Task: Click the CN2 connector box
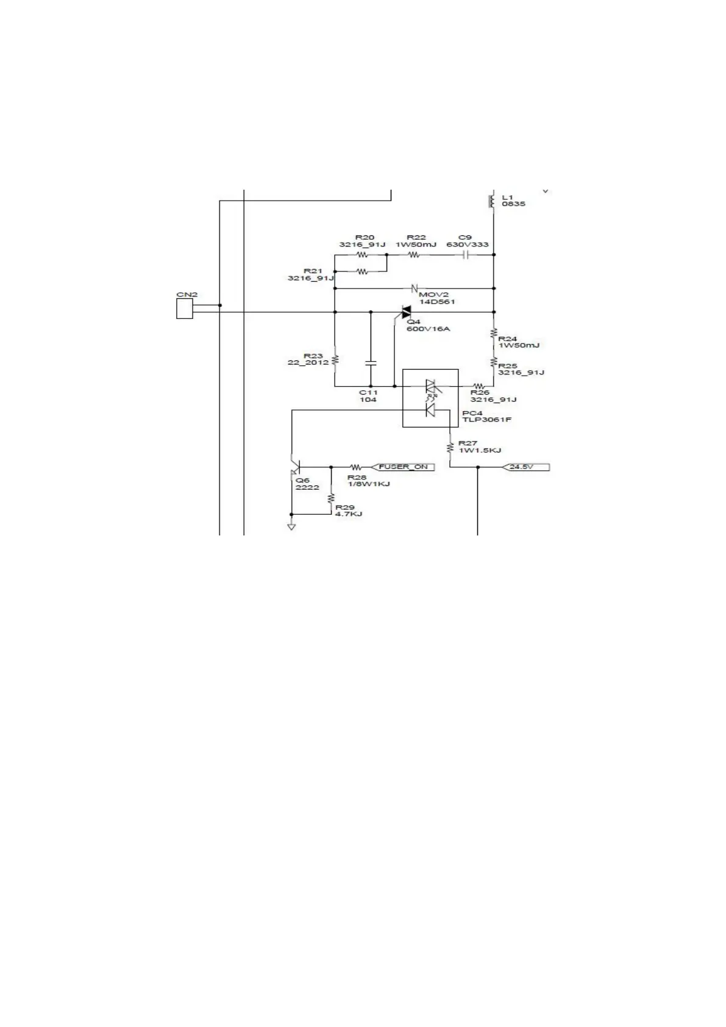point(184,309)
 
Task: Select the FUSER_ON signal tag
point(404,467)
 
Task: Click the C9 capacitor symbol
point(465,254)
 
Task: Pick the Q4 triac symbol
point(405,312)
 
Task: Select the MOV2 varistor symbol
point(415,288)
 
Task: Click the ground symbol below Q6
point(291,526)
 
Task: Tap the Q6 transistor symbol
point(295,468)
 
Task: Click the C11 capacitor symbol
point(370,363)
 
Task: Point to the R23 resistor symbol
point(335,359)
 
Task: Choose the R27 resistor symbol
point(450,448)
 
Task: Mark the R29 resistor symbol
point(331,499)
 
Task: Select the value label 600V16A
point(428,329)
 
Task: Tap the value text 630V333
point(468,245)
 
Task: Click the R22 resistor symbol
point(415,254)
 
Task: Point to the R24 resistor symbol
point(494,334)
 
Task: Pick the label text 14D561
point(437,302)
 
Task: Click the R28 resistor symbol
point(356,468)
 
